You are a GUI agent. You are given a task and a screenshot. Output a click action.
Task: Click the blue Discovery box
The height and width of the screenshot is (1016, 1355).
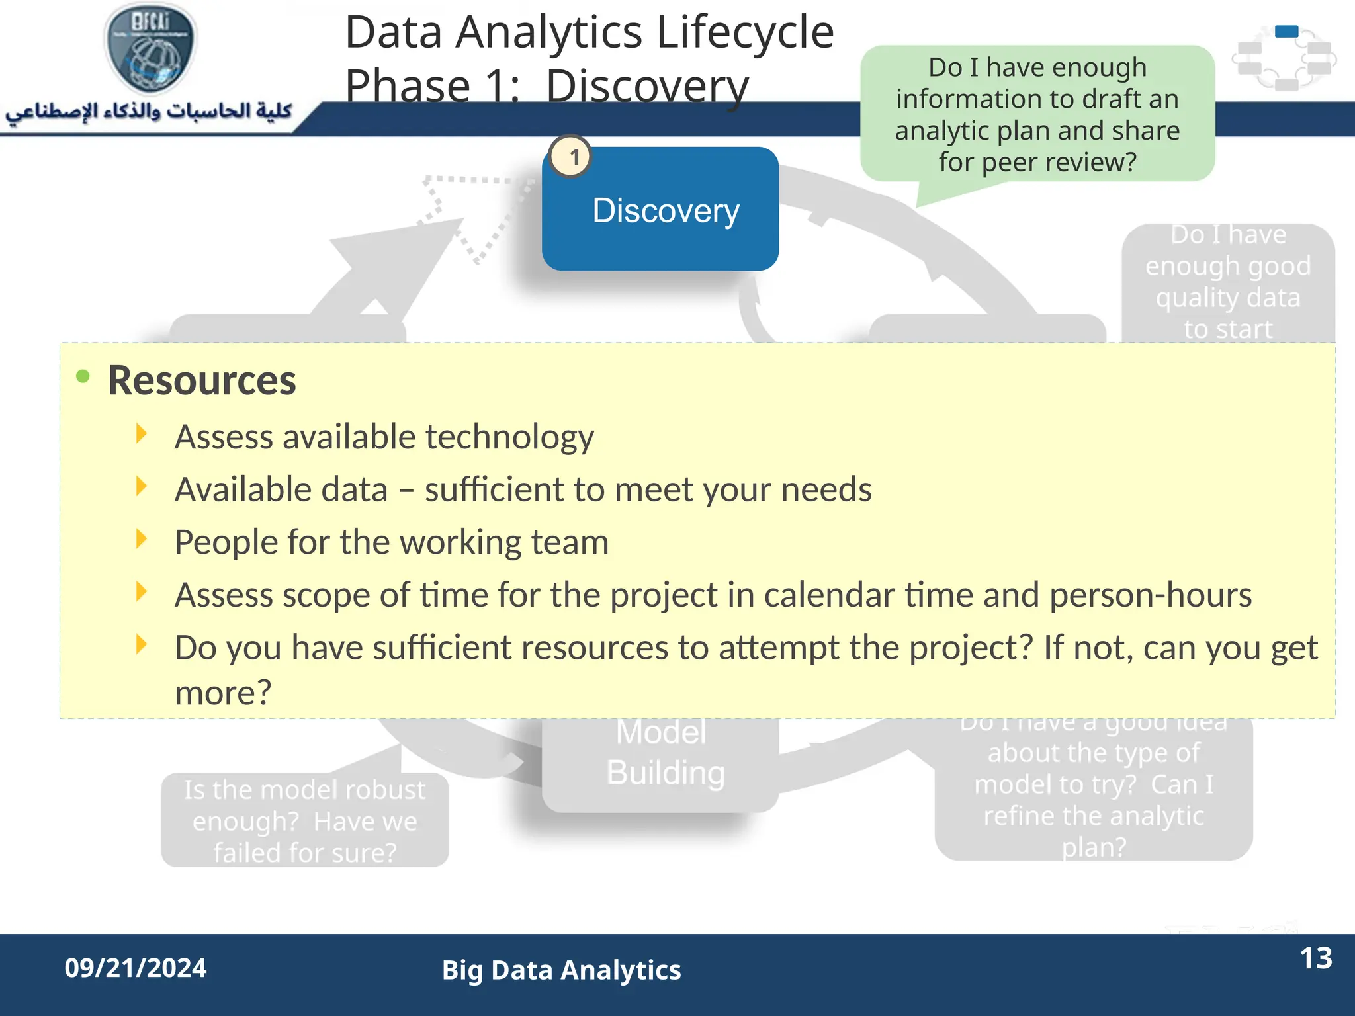[660, 210]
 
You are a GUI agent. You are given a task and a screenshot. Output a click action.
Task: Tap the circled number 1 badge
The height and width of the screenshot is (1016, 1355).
[571, 157]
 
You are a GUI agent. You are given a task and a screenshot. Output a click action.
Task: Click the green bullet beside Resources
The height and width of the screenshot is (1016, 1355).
[83, 377]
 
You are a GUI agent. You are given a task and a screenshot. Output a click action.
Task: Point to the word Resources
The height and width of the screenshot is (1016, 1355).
[202, 381]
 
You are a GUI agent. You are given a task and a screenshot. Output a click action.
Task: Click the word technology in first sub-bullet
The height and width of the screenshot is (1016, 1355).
[509, 437]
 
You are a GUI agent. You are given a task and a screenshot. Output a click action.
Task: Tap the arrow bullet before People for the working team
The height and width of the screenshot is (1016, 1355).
[140, 539]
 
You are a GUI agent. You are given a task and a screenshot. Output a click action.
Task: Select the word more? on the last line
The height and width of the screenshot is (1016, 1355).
[223, 693]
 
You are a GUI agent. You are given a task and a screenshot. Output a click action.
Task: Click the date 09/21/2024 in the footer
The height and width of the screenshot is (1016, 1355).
[136, 968]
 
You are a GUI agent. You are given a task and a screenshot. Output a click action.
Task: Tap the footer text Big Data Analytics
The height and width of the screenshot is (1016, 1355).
[561, 970]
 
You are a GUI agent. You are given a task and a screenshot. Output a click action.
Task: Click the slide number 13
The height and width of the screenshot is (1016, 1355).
[1315, 958]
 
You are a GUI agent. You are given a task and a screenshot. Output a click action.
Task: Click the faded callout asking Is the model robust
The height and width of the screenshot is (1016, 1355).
[304, 820]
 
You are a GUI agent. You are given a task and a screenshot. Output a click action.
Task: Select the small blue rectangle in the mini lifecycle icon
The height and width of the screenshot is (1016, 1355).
[1286, 31]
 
